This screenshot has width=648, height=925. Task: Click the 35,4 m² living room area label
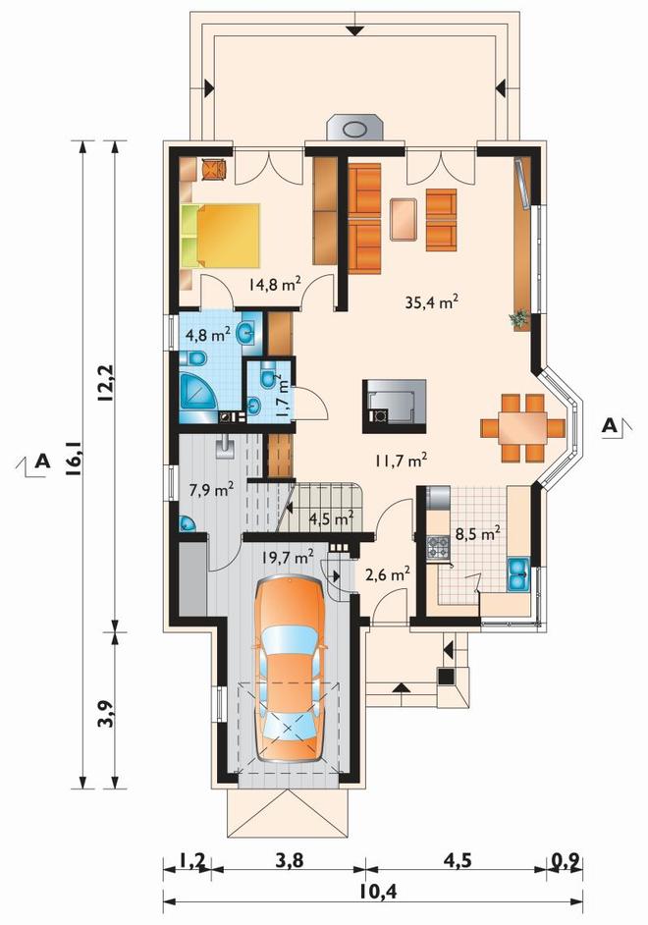pyautogui.click(x=432, y=302)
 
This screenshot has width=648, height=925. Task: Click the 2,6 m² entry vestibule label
pyautogui.click(x=388, y=573)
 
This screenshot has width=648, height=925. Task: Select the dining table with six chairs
pyautogui.click(x=522, y=428)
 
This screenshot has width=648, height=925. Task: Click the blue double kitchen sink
pyautogui.click(x=518, y=574)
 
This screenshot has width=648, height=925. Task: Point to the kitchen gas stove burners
pyautogui.click(x=438, y=547)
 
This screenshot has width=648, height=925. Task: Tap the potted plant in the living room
pyautogui.click(x=518, y=319)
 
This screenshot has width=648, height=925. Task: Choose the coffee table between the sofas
pyautogui.click(x=404, y=219)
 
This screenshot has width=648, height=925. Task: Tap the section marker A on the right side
pyautogui.click(x=610, y=425)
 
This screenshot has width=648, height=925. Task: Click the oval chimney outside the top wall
pyautogui.click(x=355, y=130)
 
